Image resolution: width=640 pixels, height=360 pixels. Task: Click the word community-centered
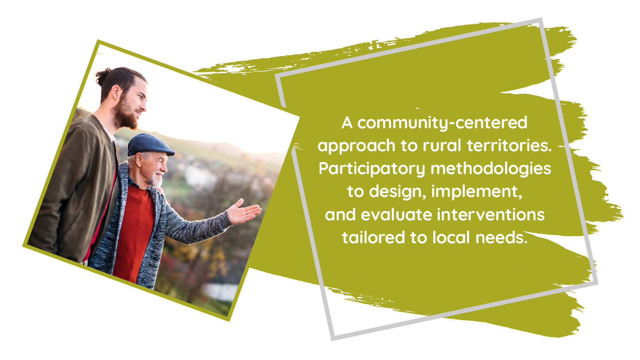click(x=442, y=123)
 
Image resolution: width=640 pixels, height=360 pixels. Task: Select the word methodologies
click(x=491, y=169)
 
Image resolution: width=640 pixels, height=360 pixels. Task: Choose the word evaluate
click(x=396, y=215)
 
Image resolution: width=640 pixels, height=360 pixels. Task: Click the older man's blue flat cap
click(x=150, y=145)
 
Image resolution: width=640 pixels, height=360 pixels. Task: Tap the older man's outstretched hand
click(x=244, y=212)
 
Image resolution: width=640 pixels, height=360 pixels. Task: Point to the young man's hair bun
click(x=103, y=76)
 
